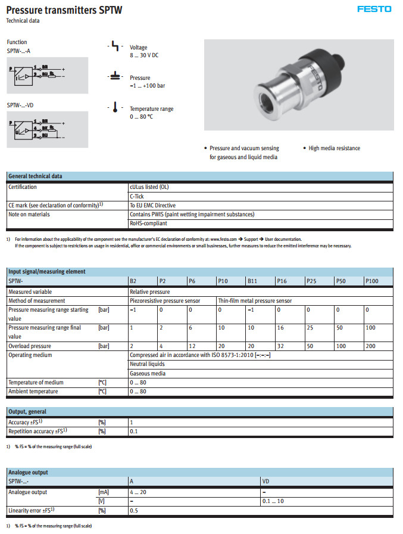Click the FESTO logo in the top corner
click(x=374, y=9)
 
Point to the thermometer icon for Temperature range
click(x=114, y=108)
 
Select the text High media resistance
click(x=334, y=148)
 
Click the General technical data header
click(x=35, y=176)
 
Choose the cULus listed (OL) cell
click(x=149, y=187)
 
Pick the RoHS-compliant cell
click(x=148, y=223)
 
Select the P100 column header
click(x=371, y=281)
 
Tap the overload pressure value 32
click(x=280, y=346)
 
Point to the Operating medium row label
click(x=30, y=355)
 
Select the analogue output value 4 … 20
click(x=138, y=492)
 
